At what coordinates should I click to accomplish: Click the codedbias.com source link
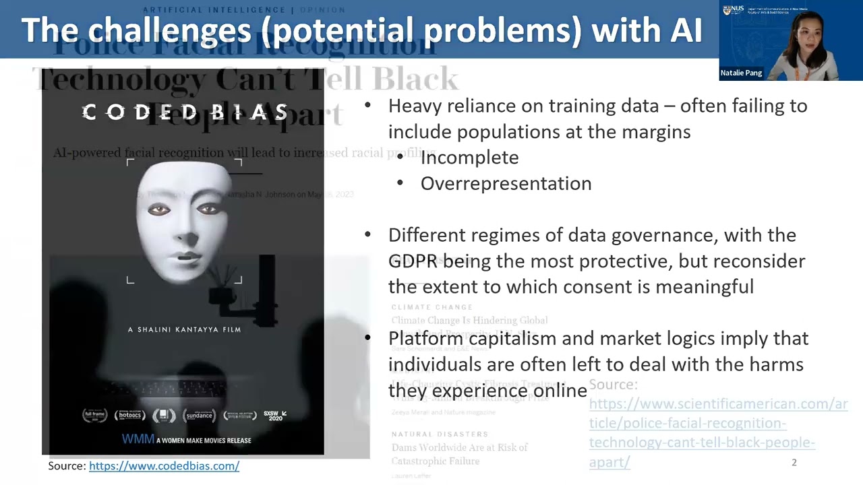point(164,465)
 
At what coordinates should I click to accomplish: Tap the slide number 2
point(794,462)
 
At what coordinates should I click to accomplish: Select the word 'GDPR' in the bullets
point(413,261)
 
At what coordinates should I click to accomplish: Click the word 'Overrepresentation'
point(506,183)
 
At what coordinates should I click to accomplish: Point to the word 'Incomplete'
point(469,158)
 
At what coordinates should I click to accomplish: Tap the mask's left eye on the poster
point(159,211)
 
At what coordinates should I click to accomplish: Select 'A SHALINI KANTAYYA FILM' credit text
point(184,329)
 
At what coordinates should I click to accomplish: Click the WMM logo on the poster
point(138,439)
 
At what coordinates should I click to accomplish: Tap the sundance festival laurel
point(199,416)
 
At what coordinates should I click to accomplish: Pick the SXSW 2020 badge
point(274,416)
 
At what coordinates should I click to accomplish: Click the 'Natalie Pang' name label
point(741,73)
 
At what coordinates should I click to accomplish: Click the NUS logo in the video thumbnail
point(732,9)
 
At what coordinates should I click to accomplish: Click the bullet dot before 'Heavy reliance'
point(367,105)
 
